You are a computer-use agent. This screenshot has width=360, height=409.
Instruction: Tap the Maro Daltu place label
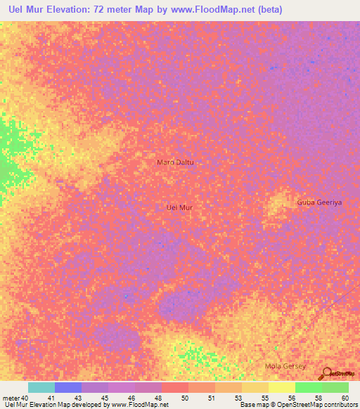point(174,162)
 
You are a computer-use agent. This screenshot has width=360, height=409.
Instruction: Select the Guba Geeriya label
point(319,202)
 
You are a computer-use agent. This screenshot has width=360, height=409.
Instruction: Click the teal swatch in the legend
point(41,387)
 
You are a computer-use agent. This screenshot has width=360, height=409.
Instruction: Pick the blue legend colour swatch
point(68,387)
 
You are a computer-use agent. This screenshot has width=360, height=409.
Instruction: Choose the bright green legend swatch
point(309,387)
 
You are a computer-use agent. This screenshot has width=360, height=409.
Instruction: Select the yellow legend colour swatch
point(282,387)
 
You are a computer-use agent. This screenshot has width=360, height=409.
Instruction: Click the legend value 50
point(185,397)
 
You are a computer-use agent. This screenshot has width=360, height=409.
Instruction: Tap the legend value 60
point(345,397)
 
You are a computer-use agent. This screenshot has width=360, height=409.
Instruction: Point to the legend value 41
point(51,397)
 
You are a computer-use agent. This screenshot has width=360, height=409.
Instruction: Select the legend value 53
point(238,397)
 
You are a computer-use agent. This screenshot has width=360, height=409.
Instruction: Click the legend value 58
point(319,397)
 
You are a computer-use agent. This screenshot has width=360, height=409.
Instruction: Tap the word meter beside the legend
point(11,397)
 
